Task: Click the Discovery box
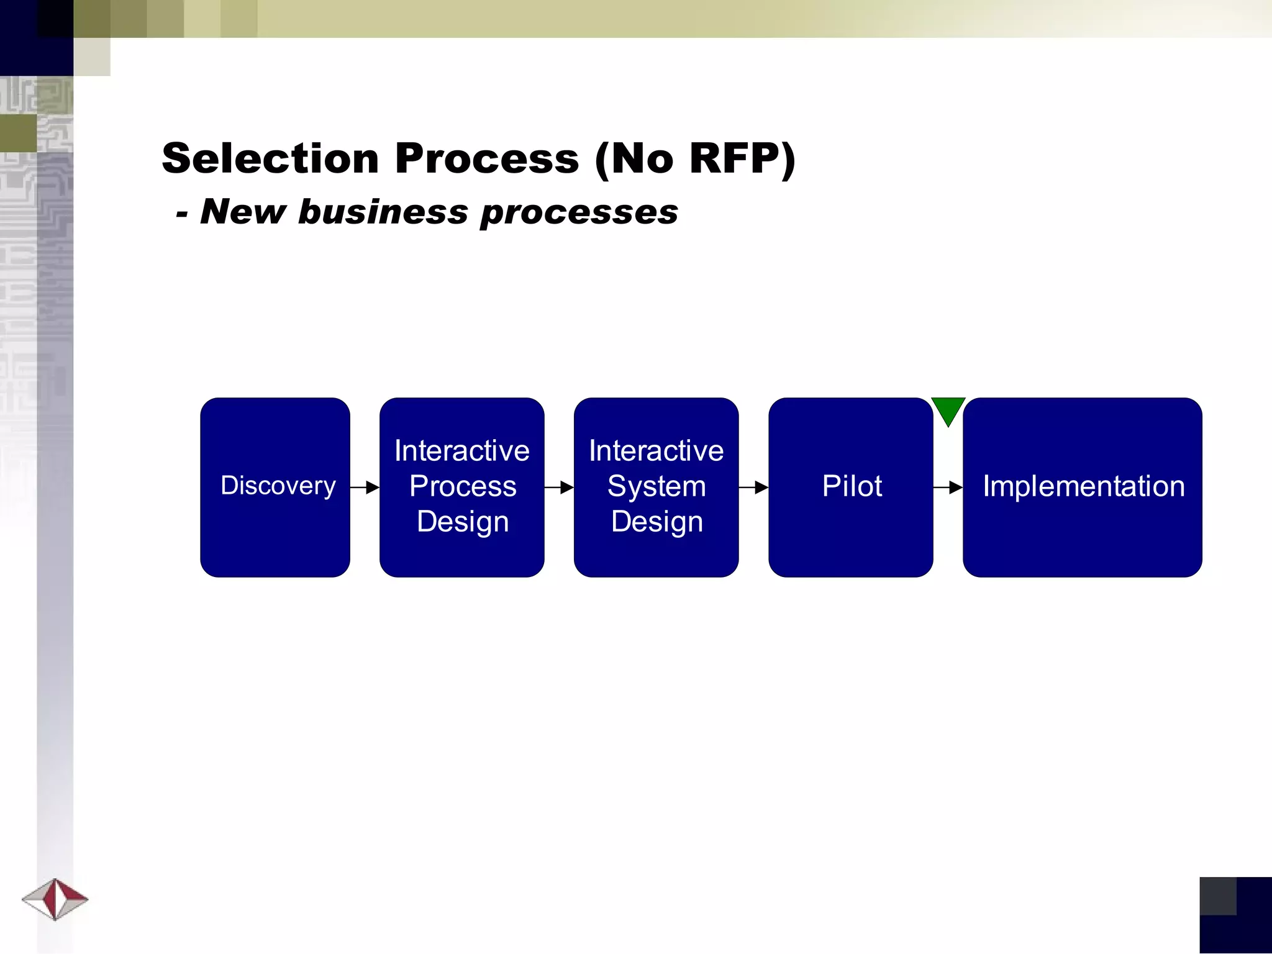pos(275,486)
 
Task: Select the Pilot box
pos(850,486)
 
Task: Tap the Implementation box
pos(1082,486)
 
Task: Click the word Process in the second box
pos(463,486)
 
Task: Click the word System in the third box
pos(656,486)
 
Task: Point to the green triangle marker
pos(948,410)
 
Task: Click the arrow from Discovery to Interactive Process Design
pos(365,488)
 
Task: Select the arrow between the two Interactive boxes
pos(559,488)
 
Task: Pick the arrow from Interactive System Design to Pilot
pos(753,488)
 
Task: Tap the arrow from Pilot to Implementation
pos(948,488)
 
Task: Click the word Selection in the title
pos(270,158)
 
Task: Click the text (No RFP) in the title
pos(694,158)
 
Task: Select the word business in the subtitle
pos(383,212)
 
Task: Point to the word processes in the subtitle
pos(579,212)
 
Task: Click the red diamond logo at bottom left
pos(55,899)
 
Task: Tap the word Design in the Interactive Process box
pos(463,522)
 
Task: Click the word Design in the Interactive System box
pos(656,522)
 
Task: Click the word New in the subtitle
pos(242,212)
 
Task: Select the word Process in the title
pos(486,158)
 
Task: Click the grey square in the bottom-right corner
pos(1217,896)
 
